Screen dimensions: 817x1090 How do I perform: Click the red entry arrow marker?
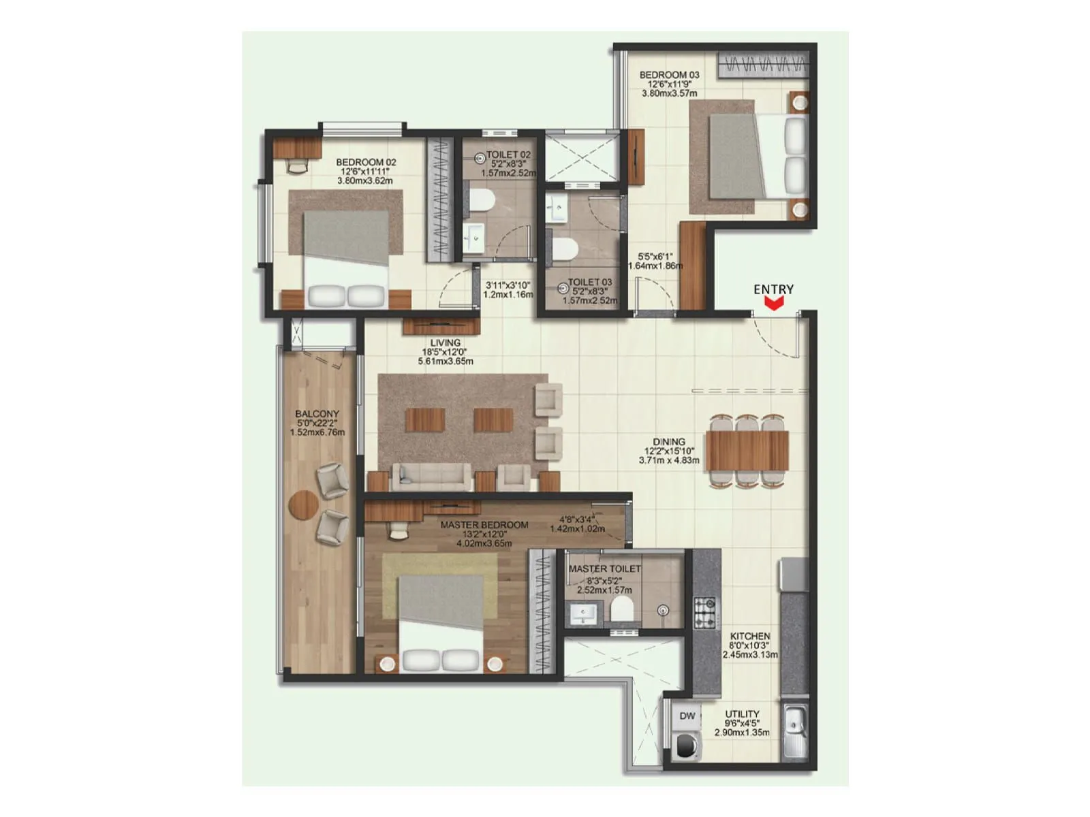click(x=773, y=305)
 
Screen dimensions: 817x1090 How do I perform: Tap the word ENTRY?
click(x=773, y=289)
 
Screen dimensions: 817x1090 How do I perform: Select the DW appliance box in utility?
click(x=687, y=716)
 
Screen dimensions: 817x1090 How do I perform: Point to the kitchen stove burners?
click(x=704, y=612)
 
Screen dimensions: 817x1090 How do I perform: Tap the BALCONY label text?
click(x=317, y=414)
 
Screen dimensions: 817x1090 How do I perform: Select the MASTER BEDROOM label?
click(x=484, y=525)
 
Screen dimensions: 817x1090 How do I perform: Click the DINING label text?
click(x=668, y=442)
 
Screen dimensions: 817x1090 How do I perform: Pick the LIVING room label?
click(x=445, y=343)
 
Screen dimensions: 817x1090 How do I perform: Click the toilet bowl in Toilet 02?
click(x=481, y=199)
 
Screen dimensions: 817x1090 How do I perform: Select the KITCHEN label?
click(x=749, y=636)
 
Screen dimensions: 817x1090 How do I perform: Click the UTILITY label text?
click(x=742, y=714)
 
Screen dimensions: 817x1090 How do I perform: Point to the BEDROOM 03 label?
click(x=669, y=75)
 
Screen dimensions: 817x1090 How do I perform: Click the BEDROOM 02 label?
click(x=366, y=163)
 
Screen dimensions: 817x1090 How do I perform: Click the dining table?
click(x=747, y=451)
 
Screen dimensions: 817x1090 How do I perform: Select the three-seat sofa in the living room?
click(x=431, y=477)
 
